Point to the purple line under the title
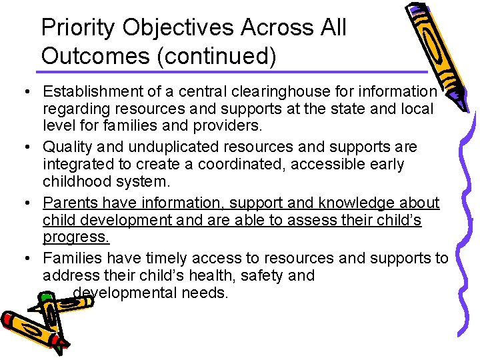coord(233,71)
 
